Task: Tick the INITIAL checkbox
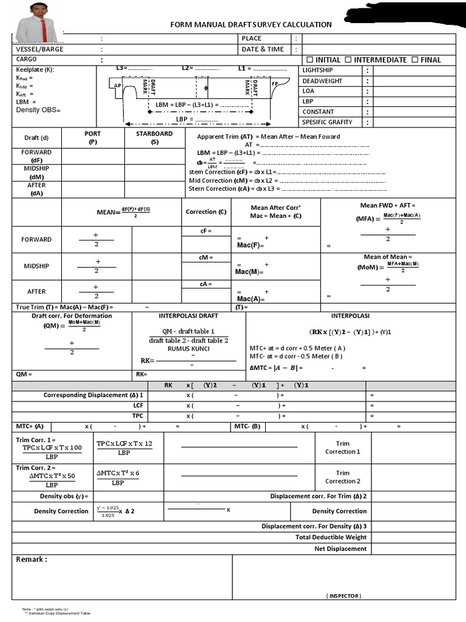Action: (310, 60)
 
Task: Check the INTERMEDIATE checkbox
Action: (348, 60)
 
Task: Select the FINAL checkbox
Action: (414, 60)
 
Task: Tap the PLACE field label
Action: (252, 38)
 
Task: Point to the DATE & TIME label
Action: (263, 49)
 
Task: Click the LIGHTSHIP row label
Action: (317, 70)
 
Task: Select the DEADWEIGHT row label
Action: (322, 81)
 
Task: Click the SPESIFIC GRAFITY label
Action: (327, 122)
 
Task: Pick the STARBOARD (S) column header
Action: (154, 137)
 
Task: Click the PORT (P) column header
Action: (93, 137)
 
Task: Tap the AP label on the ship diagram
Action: (118, 86)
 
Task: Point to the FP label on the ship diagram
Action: (274, 83)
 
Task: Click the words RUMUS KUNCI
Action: (188, 349)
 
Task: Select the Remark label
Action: (32, 559)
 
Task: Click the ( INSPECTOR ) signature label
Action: (343, 595)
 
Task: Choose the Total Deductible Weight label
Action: (331, 537)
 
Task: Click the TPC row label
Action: (138, 416)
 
